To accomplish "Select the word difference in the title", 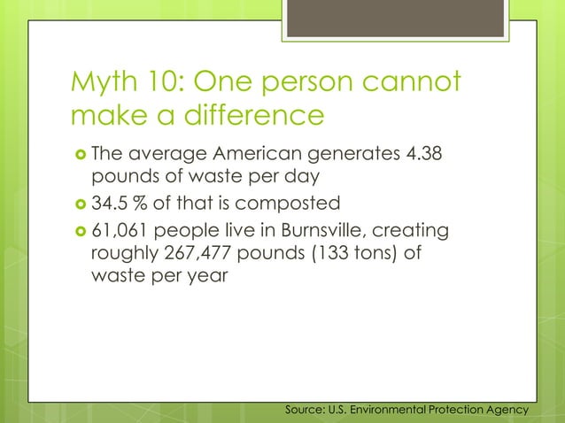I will point(244,116).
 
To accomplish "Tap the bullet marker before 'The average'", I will point(78,156).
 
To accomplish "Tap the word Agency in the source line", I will point(507,410).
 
